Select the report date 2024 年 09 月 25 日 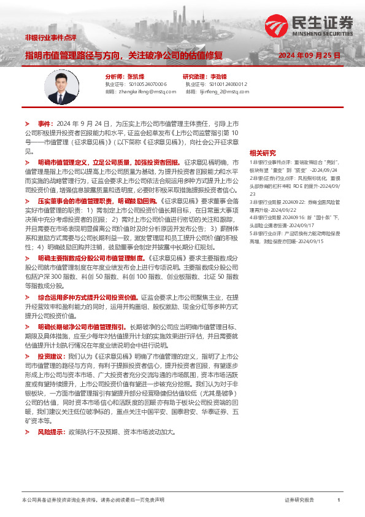click(x=309, y=55)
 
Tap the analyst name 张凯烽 click(x=136, y=77)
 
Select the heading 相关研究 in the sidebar click(x=279, y=152)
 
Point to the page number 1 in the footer click(x=339, y=500)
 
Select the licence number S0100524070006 click(x=144, y=84)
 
